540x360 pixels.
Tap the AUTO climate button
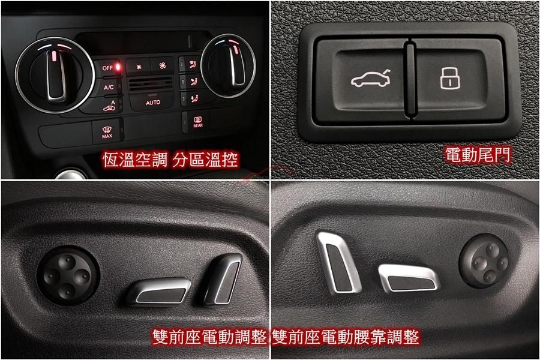click(x=152, y=103)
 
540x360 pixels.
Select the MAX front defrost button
click(x=107, y=131)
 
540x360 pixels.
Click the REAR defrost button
click(x=197, y=122)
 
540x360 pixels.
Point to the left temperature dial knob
click(x=55, y=75)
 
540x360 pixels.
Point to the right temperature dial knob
click(x=229, y=66)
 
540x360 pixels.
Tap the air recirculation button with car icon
click(x=110, y=106)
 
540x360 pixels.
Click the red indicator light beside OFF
click(x=118, y=66)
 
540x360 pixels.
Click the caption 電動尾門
click(x=478, y=155)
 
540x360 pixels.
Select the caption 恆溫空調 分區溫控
click(x=170, y=160)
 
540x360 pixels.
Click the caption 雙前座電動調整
click(x=209, y=337)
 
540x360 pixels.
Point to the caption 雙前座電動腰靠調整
click(x=346, y=337)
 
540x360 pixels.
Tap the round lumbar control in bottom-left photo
click(x=68, y=275)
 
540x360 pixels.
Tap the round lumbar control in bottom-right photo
click(x=484, y=260)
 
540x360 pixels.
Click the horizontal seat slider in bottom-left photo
click(x=159, y=292)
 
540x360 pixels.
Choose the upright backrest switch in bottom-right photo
click(x=338, y=262)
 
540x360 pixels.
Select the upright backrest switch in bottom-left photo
click(x=222, y=279)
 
